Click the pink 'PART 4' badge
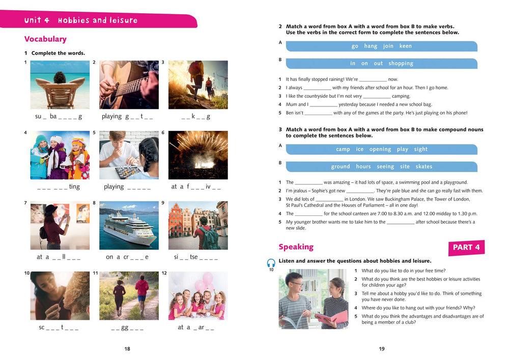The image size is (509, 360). tap(466, 247)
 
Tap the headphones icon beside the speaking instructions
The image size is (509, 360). tap(271, 263)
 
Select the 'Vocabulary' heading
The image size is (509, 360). tap(45, 39)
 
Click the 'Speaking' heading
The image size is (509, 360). tap(296, 247)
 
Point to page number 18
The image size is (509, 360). tap(127, 349)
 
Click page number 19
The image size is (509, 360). tap(382, 349)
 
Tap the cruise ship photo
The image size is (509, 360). tap(129, 225)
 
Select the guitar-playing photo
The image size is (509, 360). tap(129, 85)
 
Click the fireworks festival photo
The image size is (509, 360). tap(198, 155)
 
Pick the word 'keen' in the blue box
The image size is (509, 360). tap(406, 46)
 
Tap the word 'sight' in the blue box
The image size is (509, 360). tap(421, 149)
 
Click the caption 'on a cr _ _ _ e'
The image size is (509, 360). tap(127, 257)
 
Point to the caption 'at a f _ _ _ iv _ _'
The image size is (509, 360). tap(196, 187)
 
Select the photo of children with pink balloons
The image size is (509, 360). tap(198, 295)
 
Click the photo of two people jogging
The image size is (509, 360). tap(129, 295)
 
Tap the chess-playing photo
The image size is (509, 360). tap(129, 155)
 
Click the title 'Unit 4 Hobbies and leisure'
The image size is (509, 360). tap(81, 21)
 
